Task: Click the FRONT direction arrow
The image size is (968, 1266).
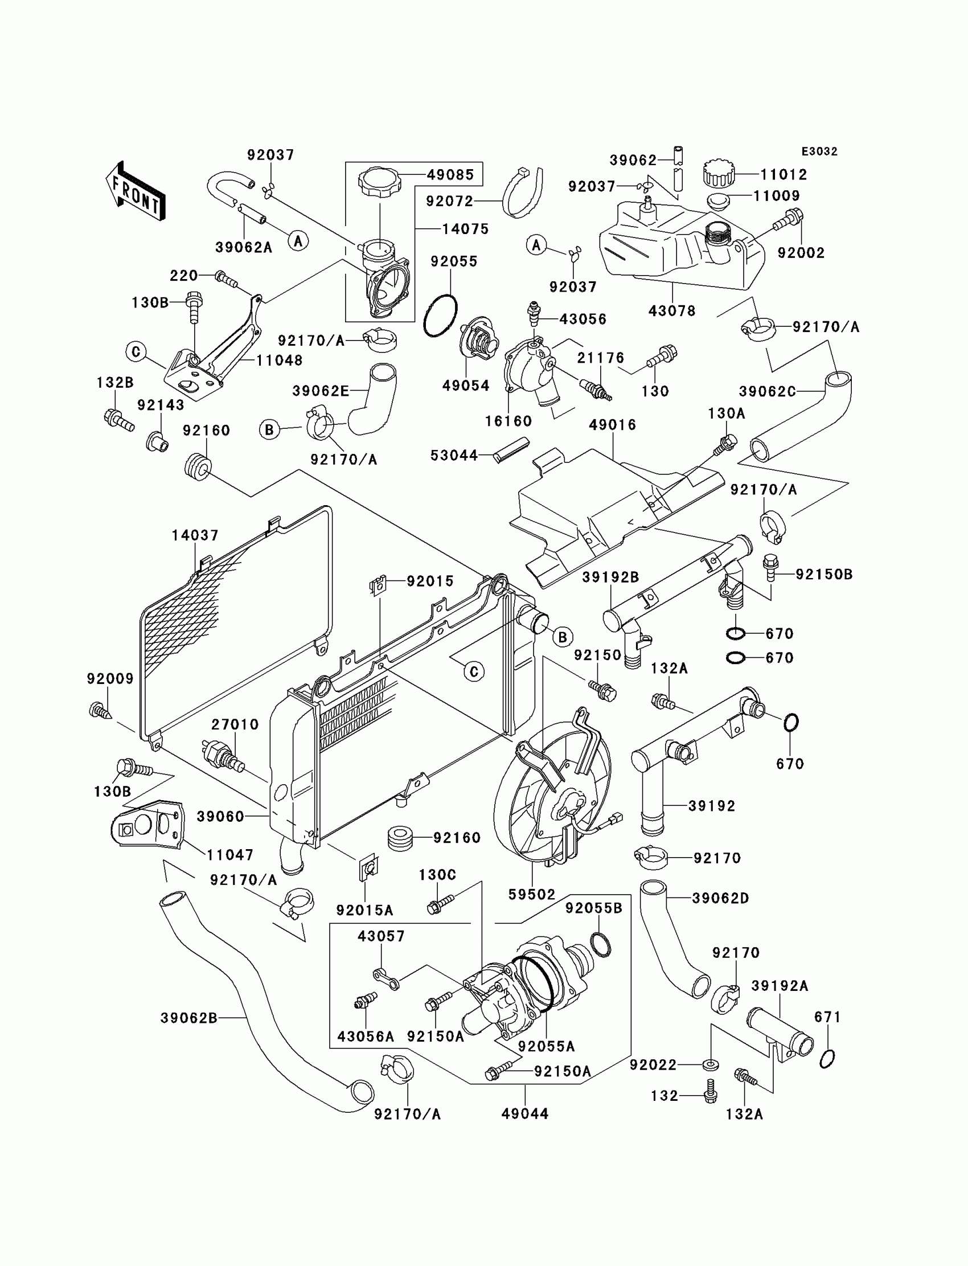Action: point(136,191)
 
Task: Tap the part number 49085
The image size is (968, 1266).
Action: point(450,175)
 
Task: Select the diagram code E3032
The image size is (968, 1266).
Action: point(819,151)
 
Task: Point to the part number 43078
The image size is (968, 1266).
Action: point(672,311)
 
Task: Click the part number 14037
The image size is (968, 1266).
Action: point(195,535)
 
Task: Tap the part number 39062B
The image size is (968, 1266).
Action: point(189,1018)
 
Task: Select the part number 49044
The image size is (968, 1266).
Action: point(525,1114)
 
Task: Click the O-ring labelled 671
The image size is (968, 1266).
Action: point(827,1059)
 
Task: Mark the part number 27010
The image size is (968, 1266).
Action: point(235,724)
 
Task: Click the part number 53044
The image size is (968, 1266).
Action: point(454,455)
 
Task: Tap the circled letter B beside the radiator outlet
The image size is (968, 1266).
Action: point(563,637)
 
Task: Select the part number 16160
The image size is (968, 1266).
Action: point(508,421)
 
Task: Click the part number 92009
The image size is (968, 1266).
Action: point(110,679)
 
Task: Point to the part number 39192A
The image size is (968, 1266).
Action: point(780,986)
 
